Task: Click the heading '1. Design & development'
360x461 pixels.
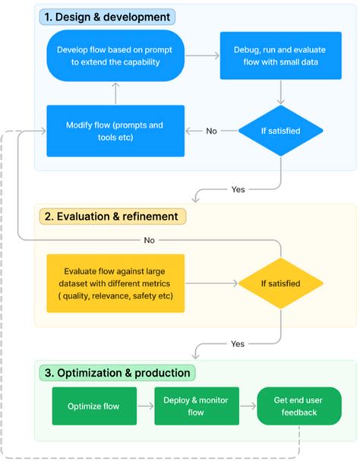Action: pyautogui.click(x=106, y=16)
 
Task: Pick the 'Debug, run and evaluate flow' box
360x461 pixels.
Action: pyautogui.click(x=281, y=55)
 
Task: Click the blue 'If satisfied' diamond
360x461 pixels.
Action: pyautogui.click(x=281, y=131)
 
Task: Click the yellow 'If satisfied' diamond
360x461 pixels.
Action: pyautogui.click(x=281, y=284)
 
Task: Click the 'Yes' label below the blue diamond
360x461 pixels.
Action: pyautogui.click(x=238, y=188)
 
